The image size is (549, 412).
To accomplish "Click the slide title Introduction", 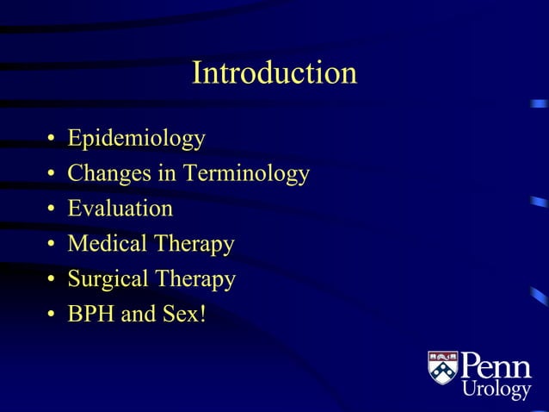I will pos(274,72).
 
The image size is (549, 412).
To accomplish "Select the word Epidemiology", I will pos(136,138).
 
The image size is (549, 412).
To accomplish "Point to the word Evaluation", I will pos(120,209).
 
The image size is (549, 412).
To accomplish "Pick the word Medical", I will pos(107,244).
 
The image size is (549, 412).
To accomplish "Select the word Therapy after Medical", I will pos(194,245).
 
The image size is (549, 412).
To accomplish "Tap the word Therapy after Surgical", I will pos(196,280).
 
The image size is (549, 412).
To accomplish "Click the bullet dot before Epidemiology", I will pos(52,140).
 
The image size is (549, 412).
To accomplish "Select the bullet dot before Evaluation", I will pos(52,210).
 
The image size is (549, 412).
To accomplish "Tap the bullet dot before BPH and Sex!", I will pos(52,316).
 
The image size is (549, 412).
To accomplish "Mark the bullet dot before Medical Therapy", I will pos(52,246).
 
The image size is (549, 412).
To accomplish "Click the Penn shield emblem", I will pos(443,367).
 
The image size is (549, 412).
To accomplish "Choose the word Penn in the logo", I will pos(497,365).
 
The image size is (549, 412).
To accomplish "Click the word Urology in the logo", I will pos(497,390).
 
